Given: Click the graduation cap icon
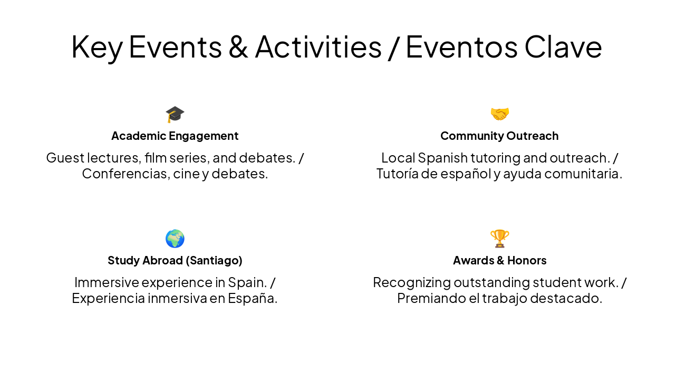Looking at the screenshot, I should pyautogui.click(x=175, y=114).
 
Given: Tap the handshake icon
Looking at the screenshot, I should pyautogui.click(x=499, y=114).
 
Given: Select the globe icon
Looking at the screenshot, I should pyautogui.click(x=175, y=239).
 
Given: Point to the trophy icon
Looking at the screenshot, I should pyautogui.click(x=499, y=239).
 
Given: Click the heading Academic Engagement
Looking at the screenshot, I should pyautogui.click(x=175, y=136).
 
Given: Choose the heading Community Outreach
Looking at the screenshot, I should pyautogui.click(x=499, y=136).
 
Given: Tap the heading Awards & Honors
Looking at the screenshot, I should pyautogui.click(x=499, y=261).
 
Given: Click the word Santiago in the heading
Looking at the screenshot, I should pyautogui.click(x=217, y=261).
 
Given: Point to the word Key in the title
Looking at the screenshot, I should pyautogui.click(x=97, y=46).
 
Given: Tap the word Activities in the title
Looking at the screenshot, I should pyautogui.click(x=318, y=46).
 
